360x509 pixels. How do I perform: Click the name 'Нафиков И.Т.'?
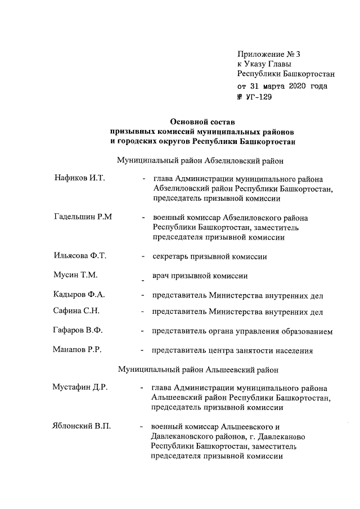pyautogui.click(x=76, y=178)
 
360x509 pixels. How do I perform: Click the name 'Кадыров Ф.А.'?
pyautogui.click(x=76, y=294)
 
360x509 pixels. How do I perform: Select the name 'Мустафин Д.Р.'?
pyautogui.click(x=78, y=388)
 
